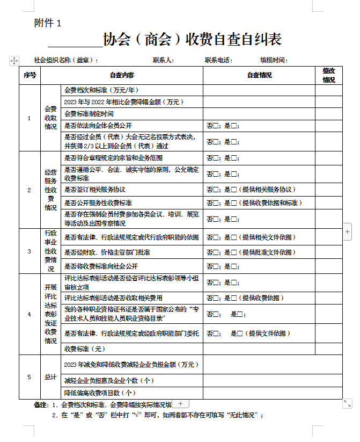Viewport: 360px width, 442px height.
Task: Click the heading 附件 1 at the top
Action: (48, 23)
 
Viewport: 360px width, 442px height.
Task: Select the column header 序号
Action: (30, 75)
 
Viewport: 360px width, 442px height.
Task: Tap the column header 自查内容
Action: (122, 75)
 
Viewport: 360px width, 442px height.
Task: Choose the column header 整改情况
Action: (328, 75)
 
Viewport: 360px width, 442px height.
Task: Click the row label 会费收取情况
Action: (50, 118)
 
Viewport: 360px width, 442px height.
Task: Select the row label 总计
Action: (50, 377)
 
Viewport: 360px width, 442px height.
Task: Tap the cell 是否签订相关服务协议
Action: (94, 190)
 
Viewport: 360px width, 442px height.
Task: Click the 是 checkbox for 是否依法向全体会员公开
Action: (233, 127)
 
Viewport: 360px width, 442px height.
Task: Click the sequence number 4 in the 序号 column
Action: (30, 314)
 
